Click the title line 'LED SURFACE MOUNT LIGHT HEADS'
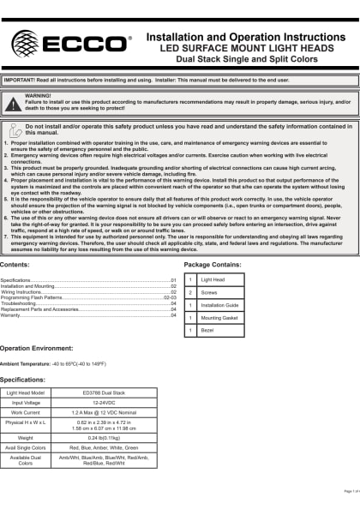tap(249, 49)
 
